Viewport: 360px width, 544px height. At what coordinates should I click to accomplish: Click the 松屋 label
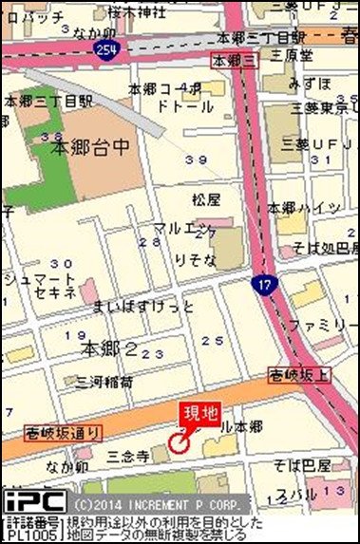coord(205,199)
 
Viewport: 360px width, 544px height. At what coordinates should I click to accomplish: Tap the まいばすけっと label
coord(143,306)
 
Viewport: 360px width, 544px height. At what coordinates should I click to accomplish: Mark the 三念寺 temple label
coord(127,457)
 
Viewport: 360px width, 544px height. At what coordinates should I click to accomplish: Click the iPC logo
coord(34,500)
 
